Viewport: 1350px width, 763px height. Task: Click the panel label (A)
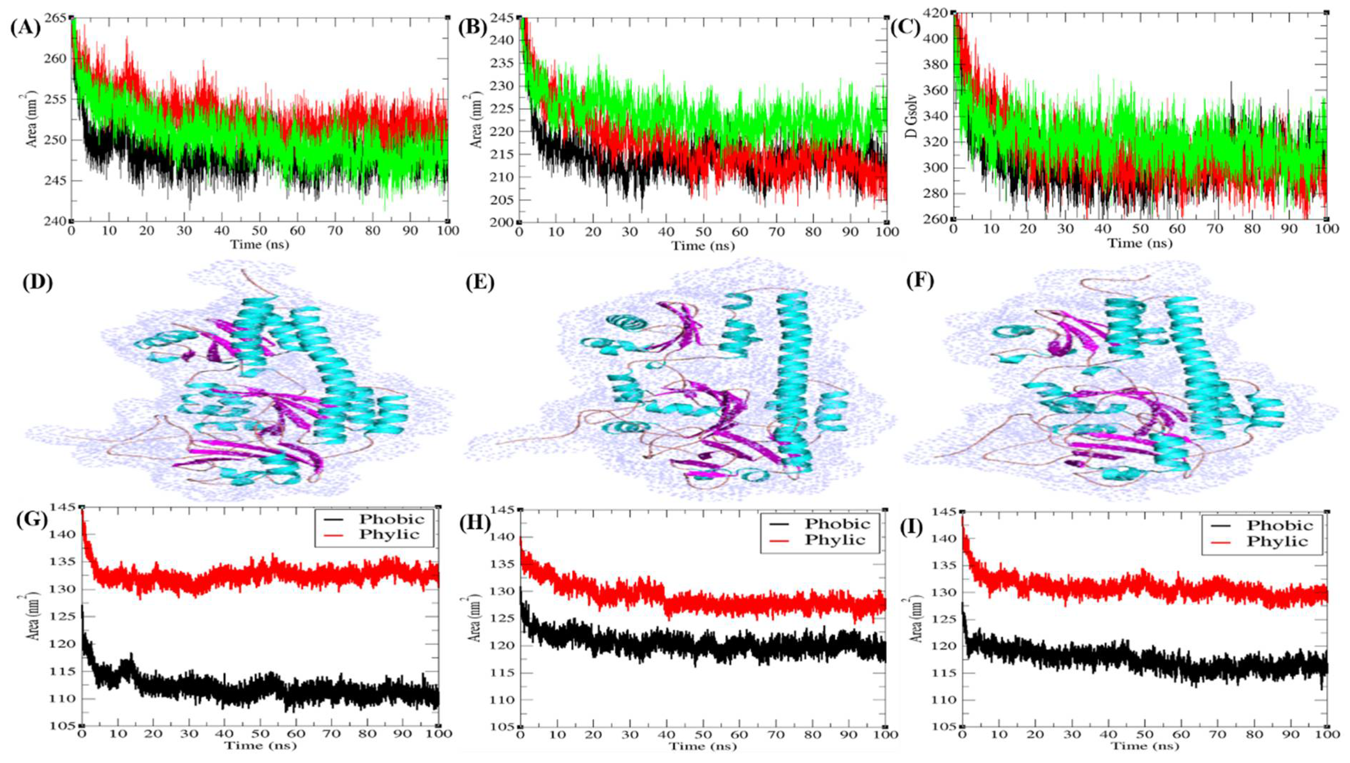[25, 28]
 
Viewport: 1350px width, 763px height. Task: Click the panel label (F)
[921, 282]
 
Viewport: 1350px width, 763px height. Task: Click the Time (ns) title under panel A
[259, 244]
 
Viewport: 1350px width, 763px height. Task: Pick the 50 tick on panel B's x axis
[703, 231]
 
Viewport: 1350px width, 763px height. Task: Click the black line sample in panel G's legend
[331, 519]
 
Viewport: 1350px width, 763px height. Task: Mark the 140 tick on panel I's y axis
[946, 538]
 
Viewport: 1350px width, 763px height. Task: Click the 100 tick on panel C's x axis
[1326, 229]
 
